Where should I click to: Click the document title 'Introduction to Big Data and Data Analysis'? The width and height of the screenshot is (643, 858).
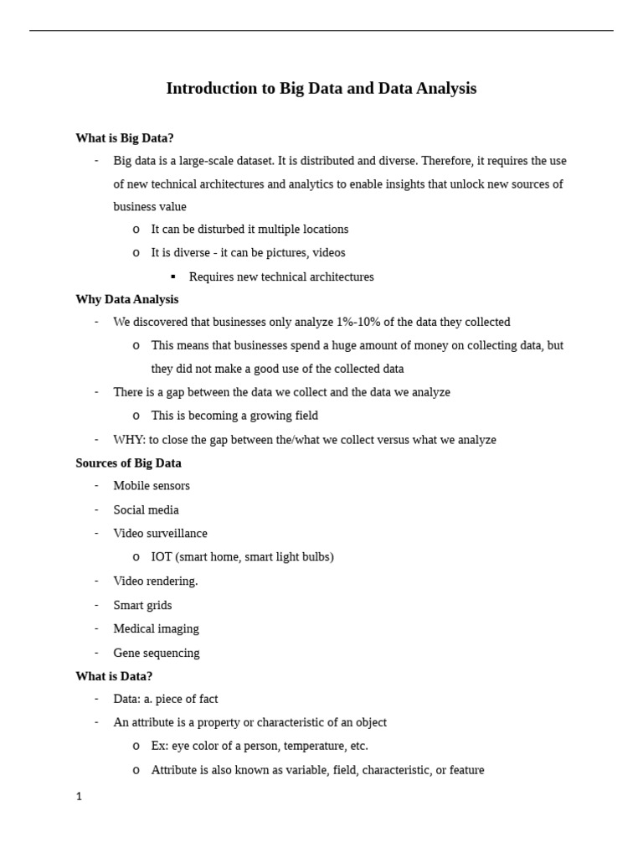point(321,89)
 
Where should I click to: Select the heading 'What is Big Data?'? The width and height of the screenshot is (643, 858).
point(125,138)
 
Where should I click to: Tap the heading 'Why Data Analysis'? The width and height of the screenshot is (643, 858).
point(126,299)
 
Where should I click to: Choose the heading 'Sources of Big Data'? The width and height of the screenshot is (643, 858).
point(128,463)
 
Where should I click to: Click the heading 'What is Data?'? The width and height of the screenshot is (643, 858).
point(114,676)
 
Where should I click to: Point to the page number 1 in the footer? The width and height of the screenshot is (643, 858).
point(80,797)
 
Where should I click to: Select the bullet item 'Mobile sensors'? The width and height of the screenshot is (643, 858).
point(152,486)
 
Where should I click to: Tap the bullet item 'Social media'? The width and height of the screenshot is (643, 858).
point(146,509)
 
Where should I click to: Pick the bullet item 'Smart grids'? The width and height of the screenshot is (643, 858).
point(142,605)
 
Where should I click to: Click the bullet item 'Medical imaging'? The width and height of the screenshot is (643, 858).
point(156,628)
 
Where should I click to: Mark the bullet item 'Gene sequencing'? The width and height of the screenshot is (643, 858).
point(156,653)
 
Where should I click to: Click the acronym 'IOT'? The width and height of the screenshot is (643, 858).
point(162,557)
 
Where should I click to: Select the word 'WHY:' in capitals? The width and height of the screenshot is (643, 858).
point(129,440)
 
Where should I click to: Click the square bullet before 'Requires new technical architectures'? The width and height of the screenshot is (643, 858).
point(173,277)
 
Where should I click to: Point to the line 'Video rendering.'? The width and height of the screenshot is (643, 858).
point(155,581)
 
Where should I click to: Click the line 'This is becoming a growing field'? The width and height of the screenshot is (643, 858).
point(234,416)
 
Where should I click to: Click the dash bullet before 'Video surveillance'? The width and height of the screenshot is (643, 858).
point(96,533)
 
